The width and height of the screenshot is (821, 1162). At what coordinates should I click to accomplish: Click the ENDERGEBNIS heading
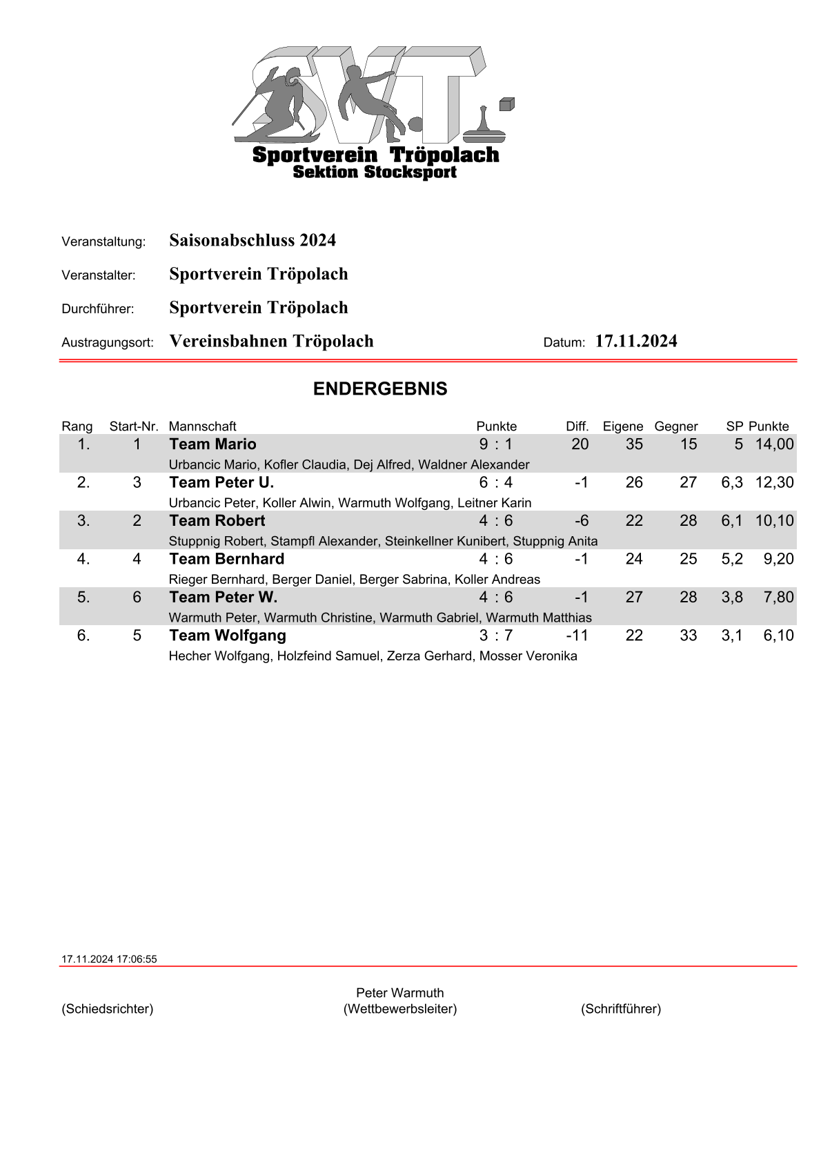pyautogui.click(x=380, y=389)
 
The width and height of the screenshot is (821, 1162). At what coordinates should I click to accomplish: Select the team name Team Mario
pyautogui.click(x=212, y=444)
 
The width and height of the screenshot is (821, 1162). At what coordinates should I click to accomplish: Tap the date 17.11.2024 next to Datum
pyautogui.click(x=636, y=342)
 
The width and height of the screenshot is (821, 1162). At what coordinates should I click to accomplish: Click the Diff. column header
pyautogui.click(x=577, y=426)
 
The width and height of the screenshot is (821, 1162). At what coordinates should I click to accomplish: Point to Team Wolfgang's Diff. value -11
pyautogui.click(x=577, y=636)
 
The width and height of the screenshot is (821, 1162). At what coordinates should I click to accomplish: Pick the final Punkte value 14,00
pyautogui.click(x=774, y=444)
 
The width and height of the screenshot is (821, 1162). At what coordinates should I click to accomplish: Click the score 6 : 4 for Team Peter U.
pyautogui.click(x=496, y=482)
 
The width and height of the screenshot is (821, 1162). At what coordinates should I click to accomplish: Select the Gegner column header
pyautogui.click(x=676, y=426)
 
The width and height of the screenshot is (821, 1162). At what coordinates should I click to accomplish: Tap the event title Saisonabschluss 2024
pyautogui.click(x=253, y=241)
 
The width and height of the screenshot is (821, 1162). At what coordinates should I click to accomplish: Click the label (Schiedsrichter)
pyautogui.click(x=108, y=1009)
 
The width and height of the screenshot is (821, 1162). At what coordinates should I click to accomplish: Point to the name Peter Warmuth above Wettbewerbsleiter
pyautogui.click(x=400, y=993)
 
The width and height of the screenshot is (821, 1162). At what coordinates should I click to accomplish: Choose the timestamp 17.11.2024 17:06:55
pyautogui.click(x=109, y=959)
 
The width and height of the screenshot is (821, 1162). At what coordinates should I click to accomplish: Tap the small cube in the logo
pyautogui.click(x=507, y=104)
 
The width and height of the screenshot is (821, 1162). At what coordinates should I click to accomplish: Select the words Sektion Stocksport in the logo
pyautogui.click(x=375, y=173)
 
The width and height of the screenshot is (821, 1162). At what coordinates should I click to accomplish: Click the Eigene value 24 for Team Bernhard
pyautogui.click(x=634, y=559)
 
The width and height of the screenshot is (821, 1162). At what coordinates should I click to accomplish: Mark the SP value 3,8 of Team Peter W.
pyautogui.click(x=732, y=598)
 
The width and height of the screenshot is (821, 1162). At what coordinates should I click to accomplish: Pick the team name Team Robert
pyautogui.click(x=217, y=521)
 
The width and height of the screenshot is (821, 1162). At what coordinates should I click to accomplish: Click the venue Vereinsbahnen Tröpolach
pyautogui.click(x=271, y=342)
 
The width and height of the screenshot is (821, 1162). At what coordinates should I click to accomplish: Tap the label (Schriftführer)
pyautogui.click(x=621, y=1009)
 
